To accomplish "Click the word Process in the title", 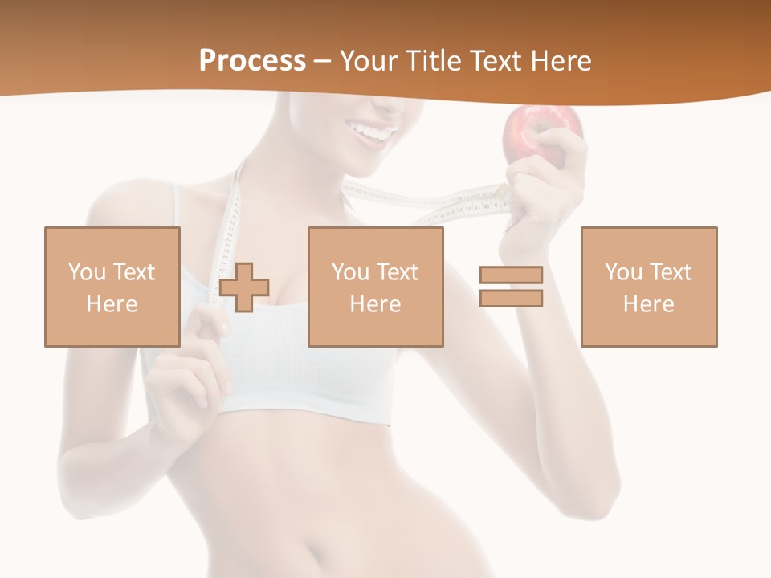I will [x=252, y=61].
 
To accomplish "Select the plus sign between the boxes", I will [x=244, y=287].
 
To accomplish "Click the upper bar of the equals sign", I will [x=511, y=275].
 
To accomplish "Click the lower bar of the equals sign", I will [x=511, y=299].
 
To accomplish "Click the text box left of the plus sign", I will [x=112, y=287].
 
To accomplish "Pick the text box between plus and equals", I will [x=375, y=287].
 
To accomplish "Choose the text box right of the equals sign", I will [x=648, y=287].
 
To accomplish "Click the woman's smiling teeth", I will [x=376, y=130].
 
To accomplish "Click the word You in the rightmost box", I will [x=624, y=272].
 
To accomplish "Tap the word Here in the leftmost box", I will [x=112, y=303].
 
